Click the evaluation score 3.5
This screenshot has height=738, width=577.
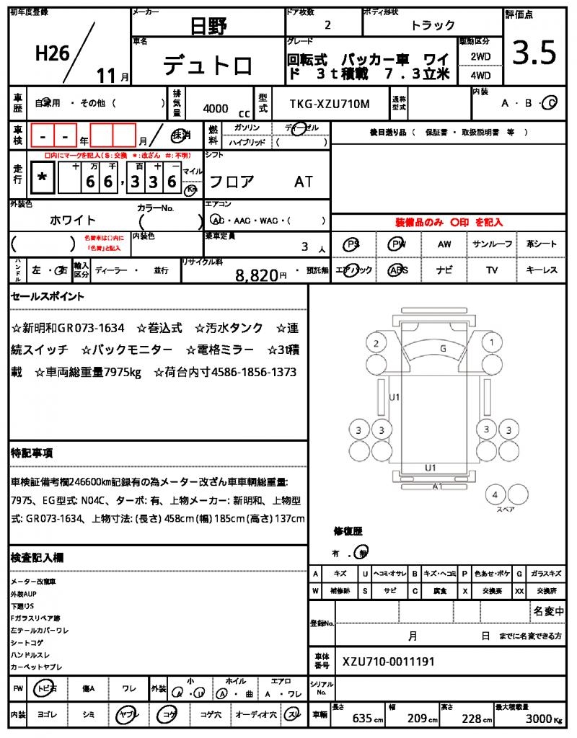(x=534, y=53)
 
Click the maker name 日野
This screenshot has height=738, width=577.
(x=208, y=27)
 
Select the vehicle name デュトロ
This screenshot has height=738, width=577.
(x=208, y=66)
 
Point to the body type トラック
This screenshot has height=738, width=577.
(x=433, y=25)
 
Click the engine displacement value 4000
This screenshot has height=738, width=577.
(x=216, y=108)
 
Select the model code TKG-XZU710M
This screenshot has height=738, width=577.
(x=329, y=104)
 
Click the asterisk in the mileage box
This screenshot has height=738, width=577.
(x=43, y=177)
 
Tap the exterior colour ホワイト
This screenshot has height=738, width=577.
(x=72, y=220)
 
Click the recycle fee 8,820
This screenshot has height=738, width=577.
(x=257, y=275)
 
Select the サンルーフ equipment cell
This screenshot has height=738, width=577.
(x=493, y=244)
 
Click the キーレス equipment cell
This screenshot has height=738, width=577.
(x=542, y=270)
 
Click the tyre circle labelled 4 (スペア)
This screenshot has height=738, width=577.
(x=495, y=495)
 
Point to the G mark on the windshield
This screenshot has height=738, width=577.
(x=442, y=348)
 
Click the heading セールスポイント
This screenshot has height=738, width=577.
(x=48, y=295)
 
